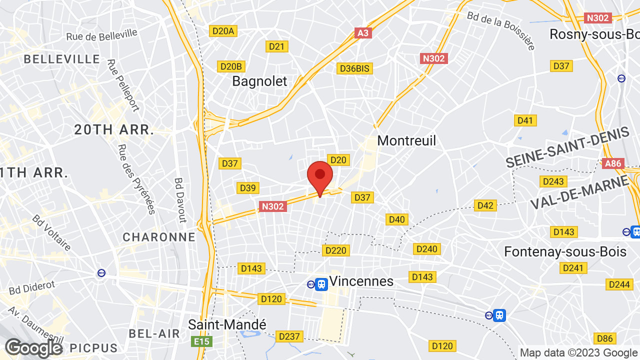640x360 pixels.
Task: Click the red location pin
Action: (x=320, y=176)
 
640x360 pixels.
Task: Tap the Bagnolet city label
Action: (x=259, y=81)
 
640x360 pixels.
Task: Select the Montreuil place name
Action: (x=406, y=140)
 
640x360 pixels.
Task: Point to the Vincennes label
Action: (x=361, y=281)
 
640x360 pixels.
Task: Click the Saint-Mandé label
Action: (x=227, y=324)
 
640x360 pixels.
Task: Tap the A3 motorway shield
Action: (x=363, y=33)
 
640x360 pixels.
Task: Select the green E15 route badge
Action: (x=201, y=341)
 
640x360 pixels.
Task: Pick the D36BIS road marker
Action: (x=355, y=68)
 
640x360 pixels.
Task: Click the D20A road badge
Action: (x=223, y=31)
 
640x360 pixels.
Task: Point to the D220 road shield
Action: (x=335, y=250)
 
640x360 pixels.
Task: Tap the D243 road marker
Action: (x=552, y=181)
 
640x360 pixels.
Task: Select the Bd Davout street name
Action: (x=179, y=200)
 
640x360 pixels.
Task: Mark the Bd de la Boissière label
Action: (x=501, y=30)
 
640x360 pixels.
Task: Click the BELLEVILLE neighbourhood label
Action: (x=62, y=59)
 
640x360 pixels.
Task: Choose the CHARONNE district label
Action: (x=159, y=237)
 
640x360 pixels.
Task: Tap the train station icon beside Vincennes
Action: (x=321, y=284)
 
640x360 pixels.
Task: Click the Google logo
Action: (x=33, y=348)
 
